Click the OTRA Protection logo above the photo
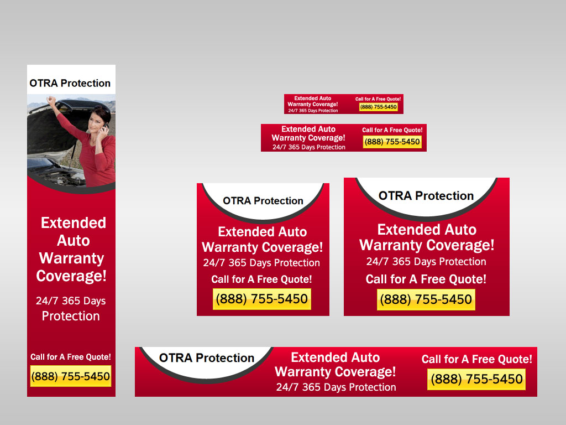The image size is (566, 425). point(70,83)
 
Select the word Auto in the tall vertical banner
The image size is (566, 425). point(73,241)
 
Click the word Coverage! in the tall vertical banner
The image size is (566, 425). point(71,276)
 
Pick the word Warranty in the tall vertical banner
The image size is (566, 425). point(71,258)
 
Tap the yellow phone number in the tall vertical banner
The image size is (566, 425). point(71,376)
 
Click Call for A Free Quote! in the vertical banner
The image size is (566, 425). point(71,357)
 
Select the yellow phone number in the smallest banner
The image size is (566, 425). point(378,107)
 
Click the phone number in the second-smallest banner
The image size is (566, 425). point(392,142)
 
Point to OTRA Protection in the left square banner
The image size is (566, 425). point(263,201)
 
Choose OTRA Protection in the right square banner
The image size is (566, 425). point(426,196)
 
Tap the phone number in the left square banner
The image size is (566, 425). point(262,299)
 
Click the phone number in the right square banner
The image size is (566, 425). point(426,300)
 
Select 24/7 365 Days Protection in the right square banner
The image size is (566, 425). point(426,262)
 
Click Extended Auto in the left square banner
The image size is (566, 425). point(262,232)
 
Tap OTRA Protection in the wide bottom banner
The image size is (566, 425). point(207,358)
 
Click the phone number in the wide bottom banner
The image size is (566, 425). point(476,379)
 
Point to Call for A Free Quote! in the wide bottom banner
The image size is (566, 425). point(476,359)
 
